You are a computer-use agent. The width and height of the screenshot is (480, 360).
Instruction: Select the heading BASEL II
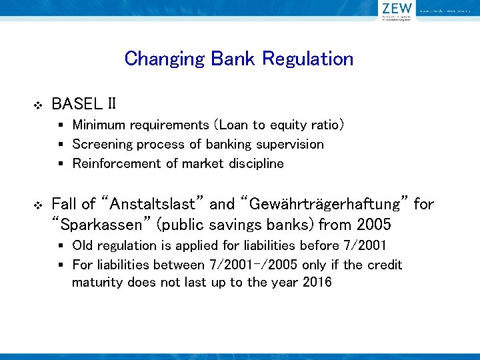(84, 104)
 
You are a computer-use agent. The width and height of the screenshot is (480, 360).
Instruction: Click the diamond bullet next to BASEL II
(37, 105)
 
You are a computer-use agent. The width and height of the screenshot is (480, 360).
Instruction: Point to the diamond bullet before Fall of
(37, 205)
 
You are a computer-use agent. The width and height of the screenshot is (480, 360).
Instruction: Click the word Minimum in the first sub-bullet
(98, 125)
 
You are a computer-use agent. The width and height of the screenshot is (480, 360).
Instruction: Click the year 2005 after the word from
(375, 223)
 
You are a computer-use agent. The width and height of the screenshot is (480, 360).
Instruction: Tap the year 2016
(317, 282)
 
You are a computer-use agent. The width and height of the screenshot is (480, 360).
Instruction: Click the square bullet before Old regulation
(61, 246)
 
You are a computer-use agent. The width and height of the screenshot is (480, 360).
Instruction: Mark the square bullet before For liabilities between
(61, 265)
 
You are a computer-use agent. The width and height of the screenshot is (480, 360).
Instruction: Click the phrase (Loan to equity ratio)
(279, 125)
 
